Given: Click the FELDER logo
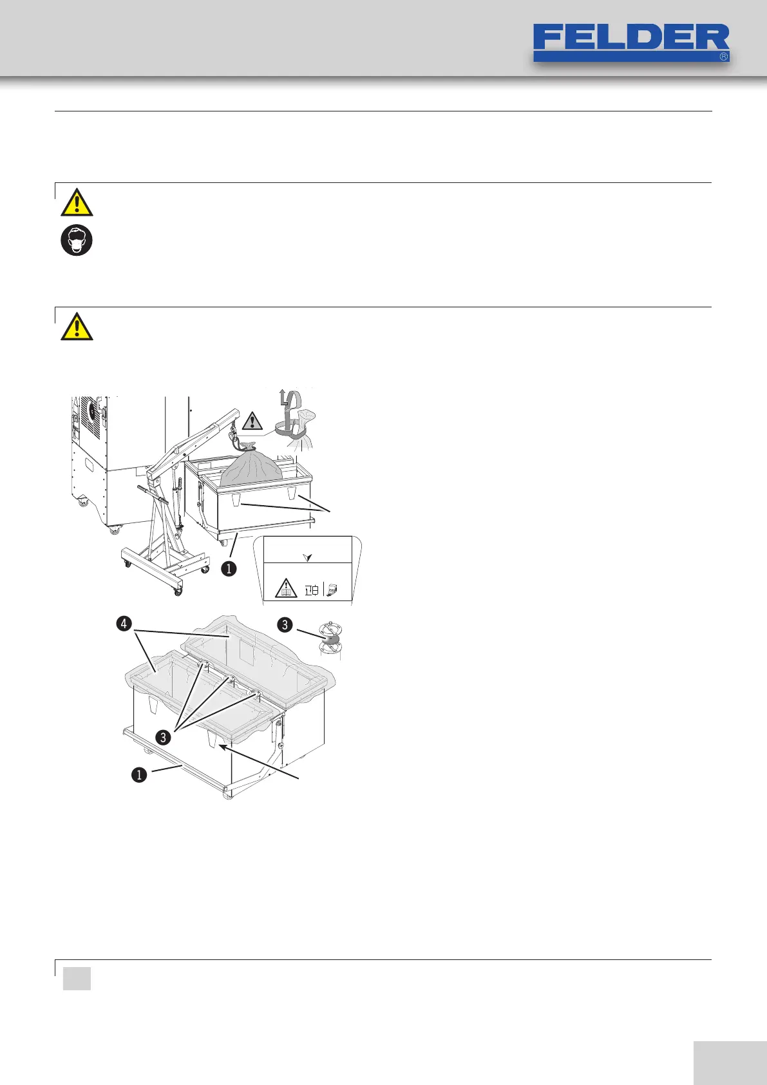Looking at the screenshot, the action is pyautogui.click(x=631, y=42).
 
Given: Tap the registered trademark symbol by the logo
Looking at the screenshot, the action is pyautogui.click(x=723, y=57).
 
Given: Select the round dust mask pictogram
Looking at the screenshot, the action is pyautogui.click(x=77, y=240).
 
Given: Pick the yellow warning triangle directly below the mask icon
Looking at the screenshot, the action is pyautogui.click(x=77, y=327).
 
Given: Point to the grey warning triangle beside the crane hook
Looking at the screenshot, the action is pyautogui.click(x=252, y=419).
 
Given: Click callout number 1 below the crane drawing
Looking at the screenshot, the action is pyautogui.click(x=228, y=569).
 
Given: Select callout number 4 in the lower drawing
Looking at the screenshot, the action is pyautogui.click(x=124, y=624).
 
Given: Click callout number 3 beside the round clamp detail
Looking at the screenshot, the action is pyautogui.click(x=285, y=624).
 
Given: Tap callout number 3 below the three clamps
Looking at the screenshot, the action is pyautogui.click(x=164, y=737).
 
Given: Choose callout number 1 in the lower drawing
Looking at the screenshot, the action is pyautogui.click(x=139, y=774).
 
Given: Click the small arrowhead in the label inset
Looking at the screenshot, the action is pyautogui.click(x=307, y=556).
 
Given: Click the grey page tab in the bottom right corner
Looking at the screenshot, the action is pyautogui.click(x=730, y=1050).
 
